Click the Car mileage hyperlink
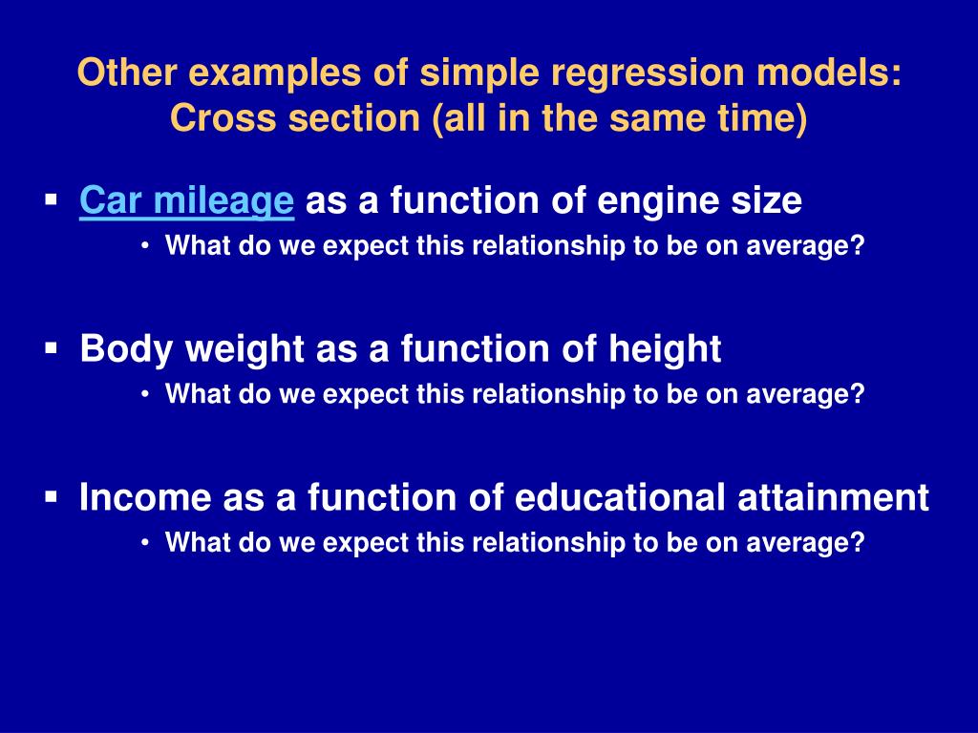pyautogui.click(x=186, y=200)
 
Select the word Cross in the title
pyautogui.click(x=222, y=117)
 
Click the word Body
pyautogui.click(x=126, y=349)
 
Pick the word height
pyautogui.click(x=665, y=348)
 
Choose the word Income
pyautogui.click(x=145, y=496)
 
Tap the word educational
pyautogui.click(x=620, y=496)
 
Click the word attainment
pyautogui.click(x=833, y=496)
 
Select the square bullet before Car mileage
pyautogui.click(x=52, y=200)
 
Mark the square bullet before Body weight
pyautogui.click(x=52, y=347)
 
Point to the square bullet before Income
pyautogui.click(x=52, y=496)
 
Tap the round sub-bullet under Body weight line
pyautogui.click(x=145, y=394)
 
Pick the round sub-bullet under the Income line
pyautogui.click(x=145, y=543)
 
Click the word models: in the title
pyautogui.click(x=830, y=73)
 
